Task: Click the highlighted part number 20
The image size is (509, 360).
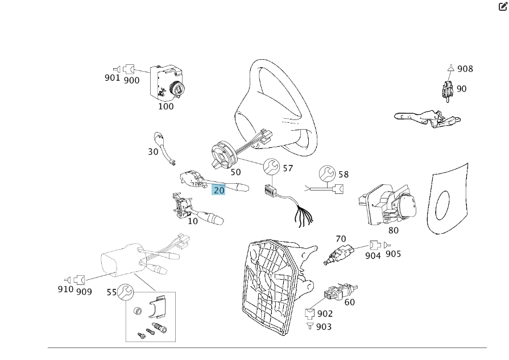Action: pyautogui.click(x=219, y=190)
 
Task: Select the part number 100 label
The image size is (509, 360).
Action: pyautogui.click(x=166, y=106)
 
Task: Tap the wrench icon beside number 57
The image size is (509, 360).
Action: pyautogui.click(x=271, y=167)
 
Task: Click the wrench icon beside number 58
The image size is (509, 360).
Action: pyautogui.click(x=327, y=173)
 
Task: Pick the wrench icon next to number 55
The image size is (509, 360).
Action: pyautogui.click(x=125, y=292)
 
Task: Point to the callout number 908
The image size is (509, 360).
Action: pyautogui.click(x=465, y=69)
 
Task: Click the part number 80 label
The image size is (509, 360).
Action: pyautogui.click(x=393, y=230)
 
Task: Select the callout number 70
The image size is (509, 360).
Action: pyautogui.click(x=341, y=239)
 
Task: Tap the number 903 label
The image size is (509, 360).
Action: pyautogui.click(x=323, y=326)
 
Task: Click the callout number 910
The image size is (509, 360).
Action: pyautogui.click(x=65, y=289)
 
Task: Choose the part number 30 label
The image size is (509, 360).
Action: pyautogui.click(x=154, y=152)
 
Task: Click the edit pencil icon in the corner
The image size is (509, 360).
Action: pyautogui.click(x=503, y=7)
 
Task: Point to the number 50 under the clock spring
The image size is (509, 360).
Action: pyautogui.click(x=235, y=172)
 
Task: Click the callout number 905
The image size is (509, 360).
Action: pyautogui.click(x=394, y=254)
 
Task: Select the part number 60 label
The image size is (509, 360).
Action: pyautogui.click(x=349, y=302)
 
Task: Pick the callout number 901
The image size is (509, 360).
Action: pyautogui.click(x=112, y=77)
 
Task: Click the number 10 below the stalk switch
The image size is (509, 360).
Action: pyautogui.click(x=193, y=221)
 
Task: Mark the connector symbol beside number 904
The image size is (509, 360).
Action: pyautogui.click(x=375, y=245)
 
